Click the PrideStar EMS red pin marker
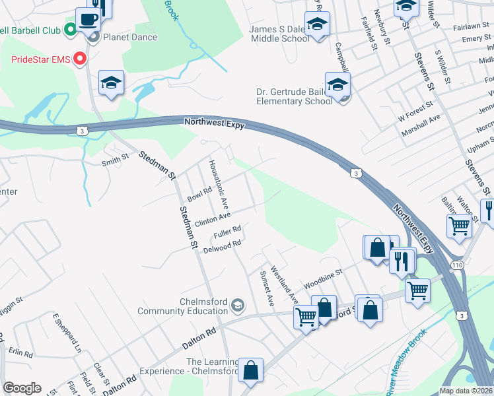81,59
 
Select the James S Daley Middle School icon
318,25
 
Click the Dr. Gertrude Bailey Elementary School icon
337,86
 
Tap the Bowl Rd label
199,194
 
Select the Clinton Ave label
212,218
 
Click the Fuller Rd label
227,233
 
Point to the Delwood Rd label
221,247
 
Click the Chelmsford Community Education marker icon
238,306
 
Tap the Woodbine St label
323,279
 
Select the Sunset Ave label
267,288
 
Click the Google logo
22,388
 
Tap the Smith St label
114,161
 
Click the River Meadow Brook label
406,370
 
